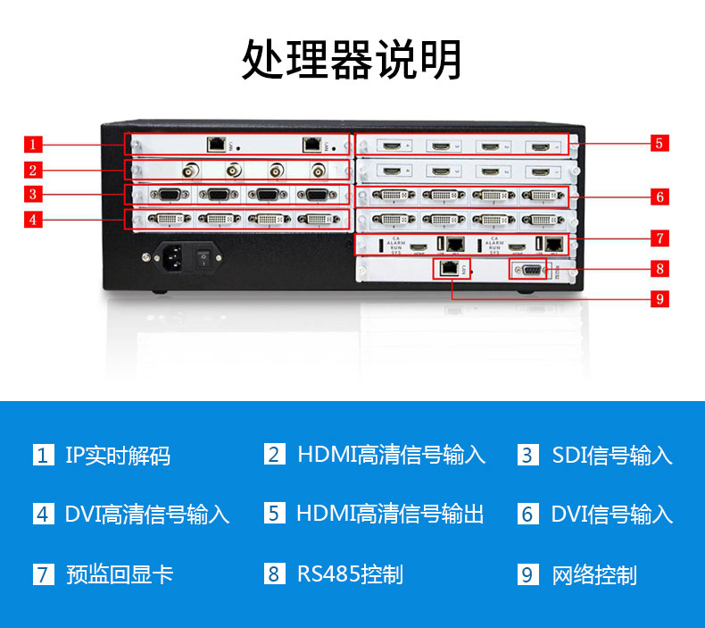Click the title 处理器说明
pos(352,59)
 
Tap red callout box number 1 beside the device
pos(32,144)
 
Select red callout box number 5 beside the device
pos(659,143)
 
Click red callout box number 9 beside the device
pos(659,298)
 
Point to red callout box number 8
pos(659,267)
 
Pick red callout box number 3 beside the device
pos(32,194)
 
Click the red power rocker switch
pos(204,257)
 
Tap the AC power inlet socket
pos(173,257)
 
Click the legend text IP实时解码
pos(118,456)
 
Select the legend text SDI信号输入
pos(612,456)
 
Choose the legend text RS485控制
pos(350,574)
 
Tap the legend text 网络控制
pos(594,574)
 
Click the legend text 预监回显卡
pos(120,574)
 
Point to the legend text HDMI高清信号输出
pos(390,514)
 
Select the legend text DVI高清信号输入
pos(147,515)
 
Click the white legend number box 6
pos(527,514)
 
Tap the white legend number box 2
pos(274,455)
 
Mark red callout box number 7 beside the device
pos(659,239)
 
